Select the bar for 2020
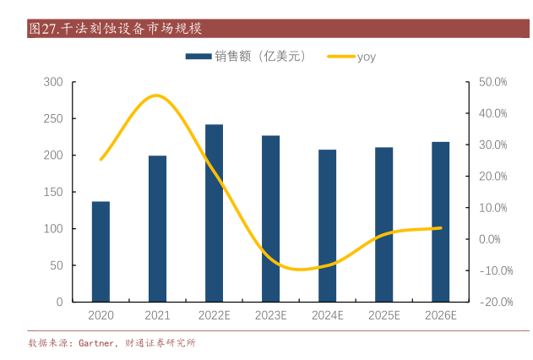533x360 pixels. point(101,252)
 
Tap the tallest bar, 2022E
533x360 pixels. point(215,213)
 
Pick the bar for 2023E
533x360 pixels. point(270,219)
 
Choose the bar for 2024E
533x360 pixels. point(327,226)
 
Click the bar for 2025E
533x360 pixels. point(383,225)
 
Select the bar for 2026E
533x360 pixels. point(440,222)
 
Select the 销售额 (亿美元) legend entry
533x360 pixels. point(245,57)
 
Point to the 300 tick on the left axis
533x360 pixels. point(53,82)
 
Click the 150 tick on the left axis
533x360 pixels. point(53,192)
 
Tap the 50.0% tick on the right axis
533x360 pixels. point(492,82)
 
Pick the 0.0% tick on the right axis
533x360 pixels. point(493,239)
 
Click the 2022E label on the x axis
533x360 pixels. point(215,316)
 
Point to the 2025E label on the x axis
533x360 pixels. point(383,316)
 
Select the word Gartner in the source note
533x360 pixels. point(95,343)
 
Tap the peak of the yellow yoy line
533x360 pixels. point(157,95)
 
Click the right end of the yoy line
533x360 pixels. point(440,227)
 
